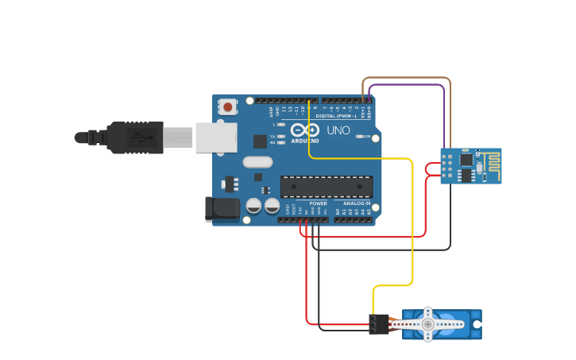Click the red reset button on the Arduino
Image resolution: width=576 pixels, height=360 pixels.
pyautogui.click(x=228, y=106)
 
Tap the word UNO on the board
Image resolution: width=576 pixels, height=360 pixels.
pyautogui.click(x=338, y=130)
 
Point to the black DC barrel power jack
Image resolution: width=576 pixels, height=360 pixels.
pyautogui.click(x=222, y=208)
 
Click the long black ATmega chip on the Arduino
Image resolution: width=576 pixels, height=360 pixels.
pyautogui.click(x=327, y=187)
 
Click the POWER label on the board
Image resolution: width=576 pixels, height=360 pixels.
pyautogui.click(x=318, y=203)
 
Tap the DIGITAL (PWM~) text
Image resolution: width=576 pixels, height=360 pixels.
pyautogui.click(x=337, y=116)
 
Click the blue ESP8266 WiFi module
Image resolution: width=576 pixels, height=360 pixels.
pyautogui.click(x=465, y=165)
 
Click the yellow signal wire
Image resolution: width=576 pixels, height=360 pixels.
pyautogui.click(x=413, y=223)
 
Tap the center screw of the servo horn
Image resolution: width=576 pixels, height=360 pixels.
pyautogui.click(x=428, y=324)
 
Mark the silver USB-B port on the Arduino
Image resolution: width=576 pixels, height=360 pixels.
pyautogui.click(x=215, y=137)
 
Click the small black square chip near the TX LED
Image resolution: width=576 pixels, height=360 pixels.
pyautogui.click(x=260, y=141)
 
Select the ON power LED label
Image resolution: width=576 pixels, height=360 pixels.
pyautogui.click(x=368, y=137)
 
